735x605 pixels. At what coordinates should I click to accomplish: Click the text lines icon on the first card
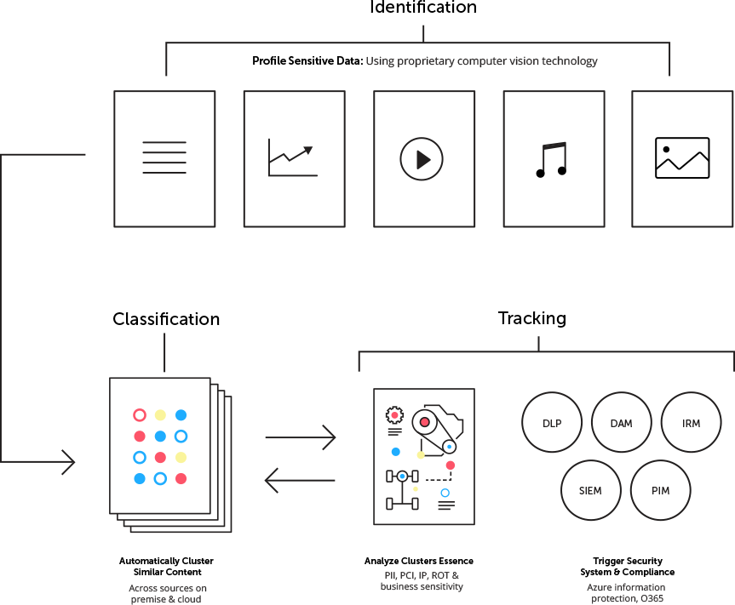coord(164,158)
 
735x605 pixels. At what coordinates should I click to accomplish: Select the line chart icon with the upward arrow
coord(292,159)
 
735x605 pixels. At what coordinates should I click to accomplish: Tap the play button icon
coord(422,159)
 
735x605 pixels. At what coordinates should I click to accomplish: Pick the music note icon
coord(551,159)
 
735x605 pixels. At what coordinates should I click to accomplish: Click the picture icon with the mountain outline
coord(681,158)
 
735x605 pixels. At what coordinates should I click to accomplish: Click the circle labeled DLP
coord(552,423)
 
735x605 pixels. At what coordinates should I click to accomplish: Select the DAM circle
coord(621,423)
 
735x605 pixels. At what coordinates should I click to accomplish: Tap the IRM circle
coord(691,423)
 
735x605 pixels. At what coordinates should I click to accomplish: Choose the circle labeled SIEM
coord(590,490)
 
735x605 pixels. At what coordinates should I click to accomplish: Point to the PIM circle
coord(660,490)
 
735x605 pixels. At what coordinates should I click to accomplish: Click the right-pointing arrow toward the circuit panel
coord(301,438)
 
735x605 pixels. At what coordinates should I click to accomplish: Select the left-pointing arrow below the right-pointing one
coord(301,481)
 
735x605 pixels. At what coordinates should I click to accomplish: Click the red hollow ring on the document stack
coord(140,415)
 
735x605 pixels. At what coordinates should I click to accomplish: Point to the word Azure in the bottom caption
coord(600,588)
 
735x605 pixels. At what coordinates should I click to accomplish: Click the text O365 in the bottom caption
coord(652,598)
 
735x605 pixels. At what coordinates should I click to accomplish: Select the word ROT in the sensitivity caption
coord(441,576)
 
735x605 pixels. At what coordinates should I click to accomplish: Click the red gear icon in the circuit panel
coord(394,415)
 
